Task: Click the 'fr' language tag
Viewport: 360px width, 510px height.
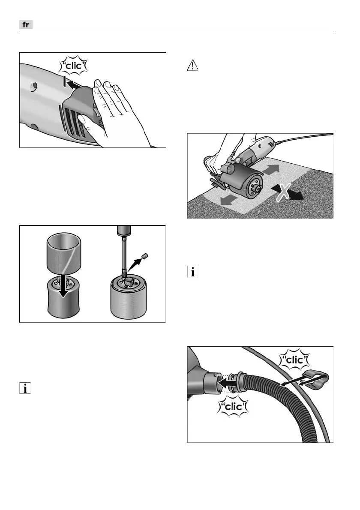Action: click(26, 25)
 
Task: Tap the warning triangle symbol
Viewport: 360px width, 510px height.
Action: click(192, 66)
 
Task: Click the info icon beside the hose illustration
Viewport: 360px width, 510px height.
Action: click(192, 273)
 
